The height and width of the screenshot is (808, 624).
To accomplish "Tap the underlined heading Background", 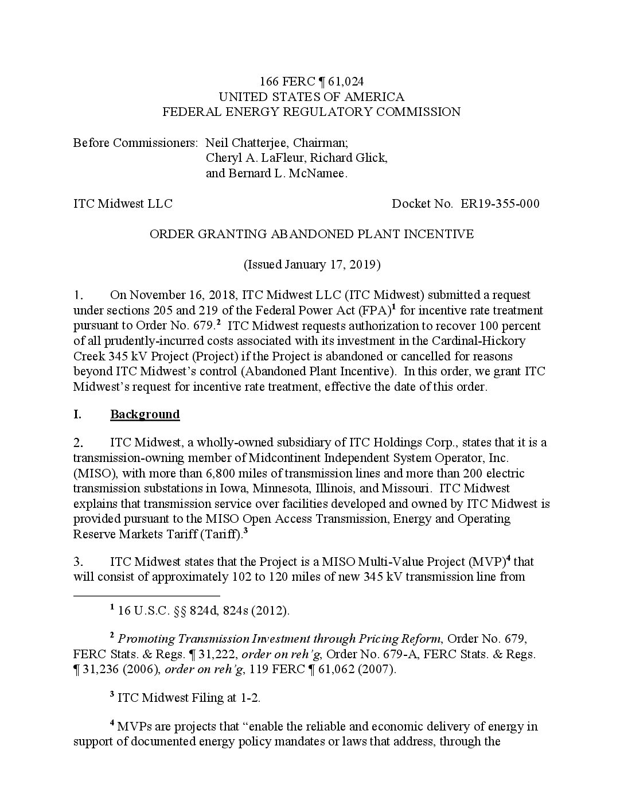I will (145, 414).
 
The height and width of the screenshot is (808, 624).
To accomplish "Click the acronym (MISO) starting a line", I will (93, 473).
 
